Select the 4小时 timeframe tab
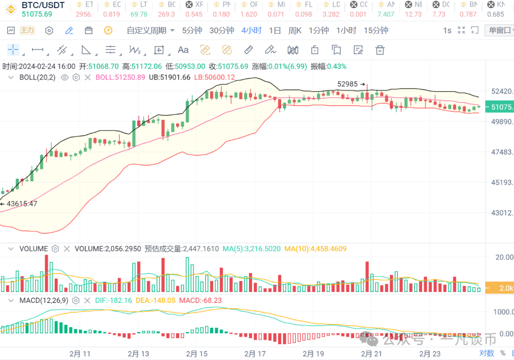pyautogui.click(x=251, y=30)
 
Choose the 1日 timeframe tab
pyautogui.click(x=275, y=30)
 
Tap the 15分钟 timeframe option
pyautogui.click(x=376, y=30)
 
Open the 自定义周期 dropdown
pyautogui.click(x=150, y=30)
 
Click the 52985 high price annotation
pyautogui.click(x=348, y=84)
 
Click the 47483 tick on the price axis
pyautogui.click(x=502, y=152)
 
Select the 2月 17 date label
pyautogui.click(x=255, y=354)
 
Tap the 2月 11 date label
pyautogui.click(x=79, y=354)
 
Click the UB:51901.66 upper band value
pyautogui.click(x=169, y=77)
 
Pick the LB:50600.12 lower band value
pyautogui.click(x=214, y=77)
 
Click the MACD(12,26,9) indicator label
pyautogui.click(x=44, y=300)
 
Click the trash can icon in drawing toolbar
pyautogui.click(x=380, y=50)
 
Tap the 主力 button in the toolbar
pyautogui.click(x=27, y=30)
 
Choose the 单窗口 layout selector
pyautogui.click(x=499, y=30)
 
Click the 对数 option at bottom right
pyautogui.click(x=486, y=353)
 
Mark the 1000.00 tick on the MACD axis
pyautogui.click(x=503, y=311)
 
